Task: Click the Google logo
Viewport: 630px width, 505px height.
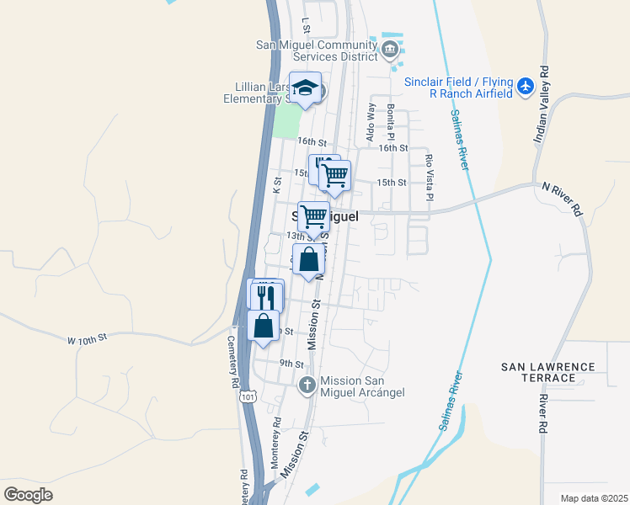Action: pos(28,495)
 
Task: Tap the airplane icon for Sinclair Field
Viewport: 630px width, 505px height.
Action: pos(526,86)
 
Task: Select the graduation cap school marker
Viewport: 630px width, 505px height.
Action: pos(305,88)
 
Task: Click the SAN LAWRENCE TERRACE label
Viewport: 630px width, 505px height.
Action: pos(547,373)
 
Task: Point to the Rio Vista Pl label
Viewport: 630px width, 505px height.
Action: pos(429,177)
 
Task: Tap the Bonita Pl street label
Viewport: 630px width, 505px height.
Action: pos(391,123)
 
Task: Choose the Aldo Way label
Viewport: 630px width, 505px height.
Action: pos(370,122)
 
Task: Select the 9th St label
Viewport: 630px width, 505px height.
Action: pos(291,364)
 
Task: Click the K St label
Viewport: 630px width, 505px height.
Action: pos(276,185)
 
